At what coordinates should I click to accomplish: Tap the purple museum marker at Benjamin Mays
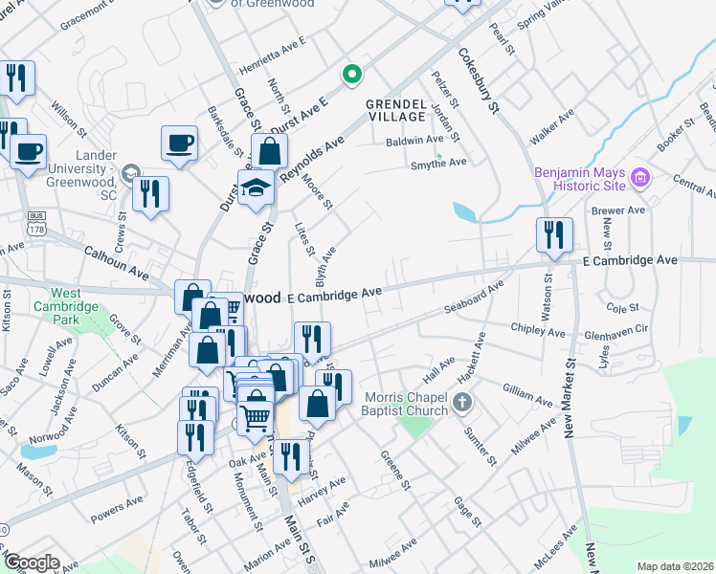(x=641, y=176)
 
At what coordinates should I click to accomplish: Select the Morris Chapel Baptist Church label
(x=405, y=405)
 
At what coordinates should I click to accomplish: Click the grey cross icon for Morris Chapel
(x=462, y=402)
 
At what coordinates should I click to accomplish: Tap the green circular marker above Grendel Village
(x=352, y=73)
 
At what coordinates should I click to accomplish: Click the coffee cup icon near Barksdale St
(x=179, y=143)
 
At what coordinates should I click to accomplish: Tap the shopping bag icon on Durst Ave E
(x=270, y=150)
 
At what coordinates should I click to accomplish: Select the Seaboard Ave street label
(x=474, y=298)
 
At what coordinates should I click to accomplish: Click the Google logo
(x=32, y=563)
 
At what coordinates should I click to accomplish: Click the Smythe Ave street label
(x=437, y=162)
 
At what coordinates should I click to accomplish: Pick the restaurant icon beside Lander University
(x=150, y=194)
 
